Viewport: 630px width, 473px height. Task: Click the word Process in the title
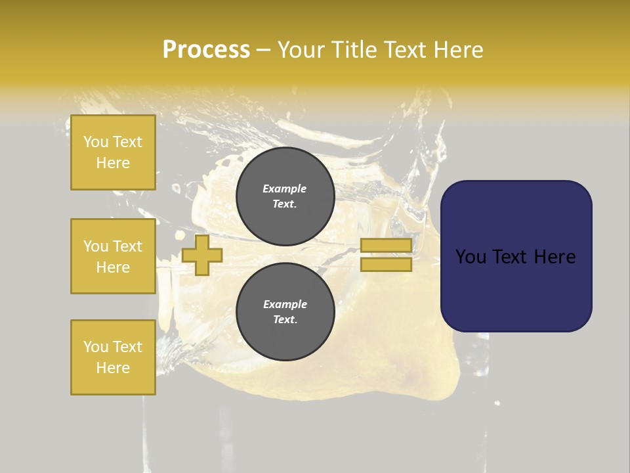(206, 50)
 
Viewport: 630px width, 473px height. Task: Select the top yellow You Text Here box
(113, 152)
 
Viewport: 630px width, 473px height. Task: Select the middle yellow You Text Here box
(113, 256)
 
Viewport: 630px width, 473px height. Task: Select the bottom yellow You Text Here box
(113, 357)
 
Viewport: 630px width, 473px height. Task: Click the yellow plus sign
(202, 256)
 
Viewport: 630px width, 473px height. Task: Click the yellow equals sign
(386, 255)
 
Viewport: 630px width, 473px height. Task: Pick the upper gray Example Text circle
(285, 196)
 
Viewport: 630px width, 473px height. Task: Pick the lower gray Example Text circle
(285, 312)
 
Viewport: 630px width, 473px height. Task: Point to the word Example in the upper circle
(285, 189)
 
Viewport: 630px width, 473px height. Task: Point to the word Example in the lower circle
(285, 304)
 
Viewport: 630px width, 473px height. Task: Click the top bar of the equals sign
(386, 246)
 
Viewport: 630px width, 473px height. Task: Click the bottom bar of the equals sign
(386, 264)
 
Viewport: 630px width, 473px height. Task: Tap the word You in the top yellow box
(96, 142)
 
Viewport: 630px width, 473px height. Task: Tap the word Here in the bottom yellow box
(113, 368)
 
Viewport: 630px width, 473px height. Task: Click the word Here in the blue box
(555, 257)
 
